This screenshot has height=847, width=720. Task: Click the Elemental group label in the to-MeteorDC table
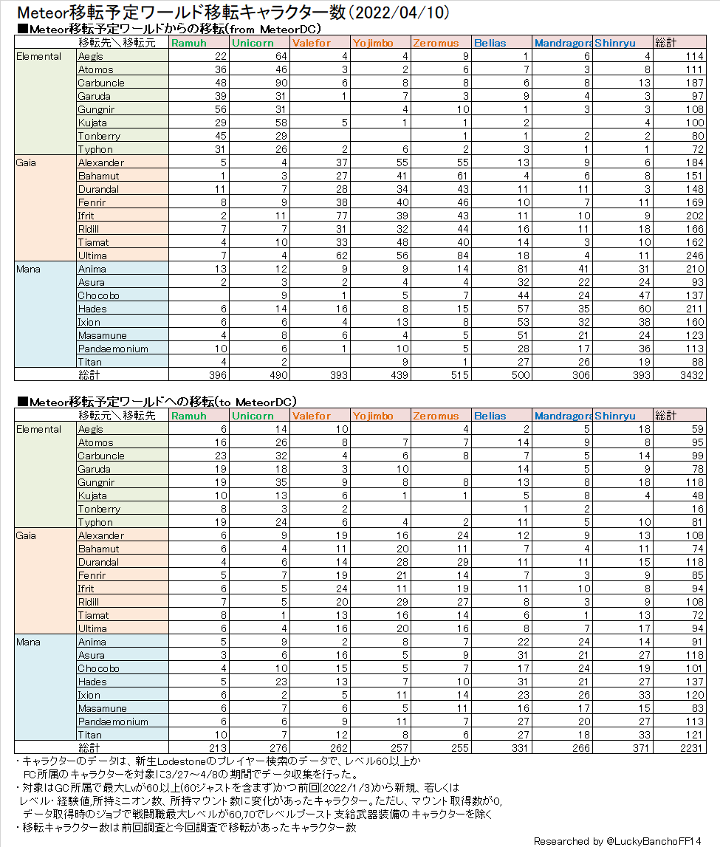coord(39,429)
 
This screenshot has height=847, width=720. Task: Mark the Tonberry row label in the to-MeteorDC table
coord(99,509)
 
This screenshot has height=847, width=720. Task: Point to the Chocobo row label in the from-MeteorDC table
coord(98,295)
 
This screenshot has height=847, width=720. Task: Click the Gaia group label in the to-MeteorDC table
coord(26,535)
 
